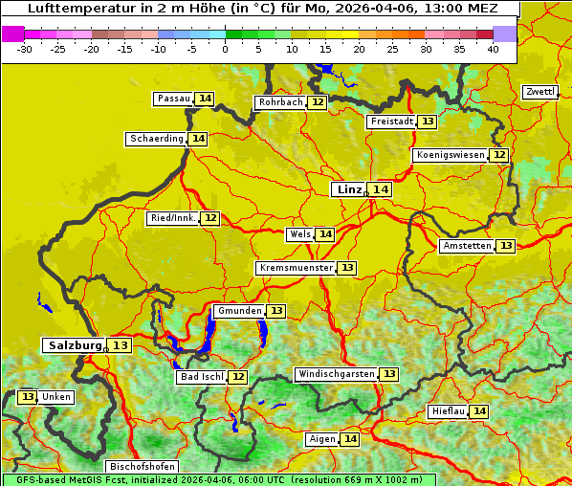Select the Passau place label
tap(173, 99)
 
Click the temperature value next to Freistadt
tap(427, 121)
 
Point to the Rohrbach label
tap(280, 102)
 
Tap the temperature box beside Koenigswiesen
tap(498, 155)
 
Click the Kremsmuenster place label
tap(296, 268)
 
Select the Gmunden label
tap(237, 311)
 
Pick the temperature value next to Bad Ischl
tap(236, 377)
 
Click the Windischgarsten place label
tap(336, 374)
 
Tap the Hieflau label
tap(448, 411)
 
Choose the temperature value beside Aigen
tap(349, 439)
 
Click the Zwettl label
tap(539, 92)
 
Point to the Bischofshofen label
tap(141, 467)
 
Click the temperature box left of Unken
tap(27, 397)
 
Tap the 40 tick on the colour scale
tap(493, 49)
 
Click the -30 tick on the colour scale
tap(25, 49)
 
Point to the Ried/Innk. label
tap(173, 218)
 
